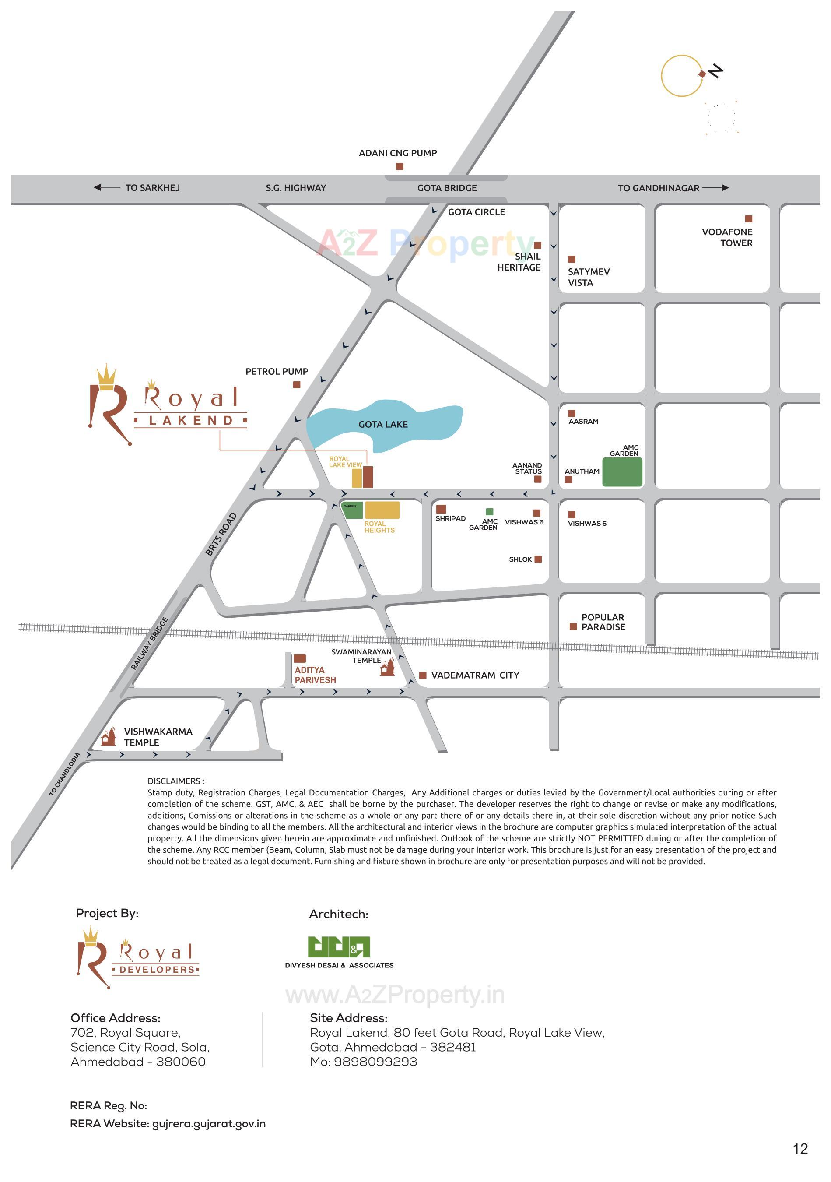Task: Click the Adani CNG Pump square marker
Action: pos(399,166)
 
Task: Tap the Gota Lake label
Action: pos(383,424)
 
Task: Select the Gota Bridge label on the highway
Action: pos(447,188)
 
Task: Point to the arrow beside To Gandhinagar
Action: pos(715,188)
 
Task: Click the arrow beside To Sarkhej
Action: pos(106,187)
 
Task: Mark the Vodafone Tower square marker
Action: pos(749,219)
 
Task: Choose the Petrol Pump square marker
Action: pos(296,384)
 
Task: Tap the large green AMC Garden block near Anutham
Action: pos(622,471)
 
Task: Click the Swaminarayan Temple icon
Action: pos(387,668)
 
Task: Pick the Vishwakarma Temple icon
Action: pos(108,737)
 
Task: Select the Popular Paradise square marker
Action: pos(573,626)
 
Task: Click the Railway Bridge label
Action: pos(149,644)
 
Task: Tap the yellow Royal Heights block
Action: pos(382,510)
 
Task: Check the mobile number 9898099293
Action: pos(375,1062)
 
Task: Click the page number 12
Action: pos(800,1149)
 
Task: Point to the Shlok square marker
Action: pos(538,559)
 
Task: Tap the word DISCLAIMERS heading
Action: pos(175,781)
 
